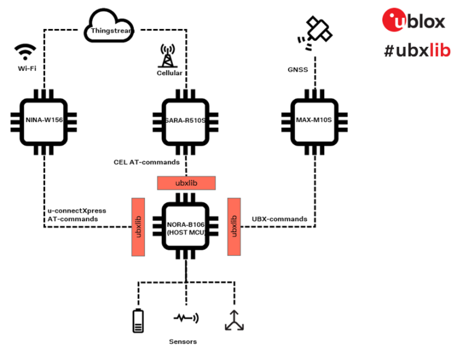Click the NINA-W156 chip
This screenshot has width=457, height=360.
click(x=43, y=120)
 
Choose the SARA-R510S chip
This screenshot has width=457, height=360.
click(x=187, y=120)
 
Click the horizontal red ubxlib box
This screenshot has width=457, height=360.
click(x=187, y=183)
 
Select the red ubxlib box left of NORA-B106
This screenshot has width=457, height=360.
click(x=138, y=227)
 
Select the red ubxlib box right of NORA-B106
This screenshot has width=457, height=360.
click(x=234, y=227)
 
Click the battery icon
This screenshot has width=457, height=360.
click(x=138, y=320)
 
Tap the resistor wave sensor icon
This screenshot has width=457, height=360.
click(x=186, y=318)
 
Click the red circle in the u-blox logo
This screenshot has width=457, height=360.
click(x=396, y=20)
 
